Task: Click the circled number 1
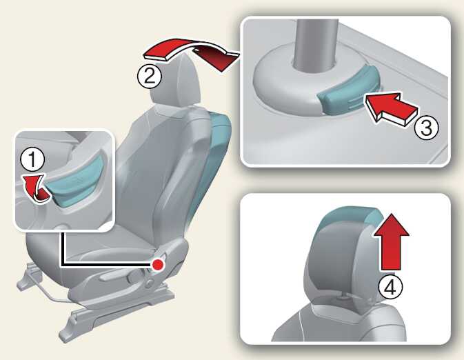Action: (x=32, y=159)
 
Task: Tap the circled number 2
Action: (x=150, y=76)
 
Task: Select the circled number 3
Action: (x=426, y=128)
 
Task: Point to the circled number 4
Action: (x=391, y=286)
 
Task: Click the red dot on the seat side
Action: (x=159, y=264)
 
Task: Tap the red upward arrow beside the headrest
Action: (x=391, y=241)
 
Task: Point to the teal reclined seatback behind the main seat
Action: (x=211, y=166)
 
